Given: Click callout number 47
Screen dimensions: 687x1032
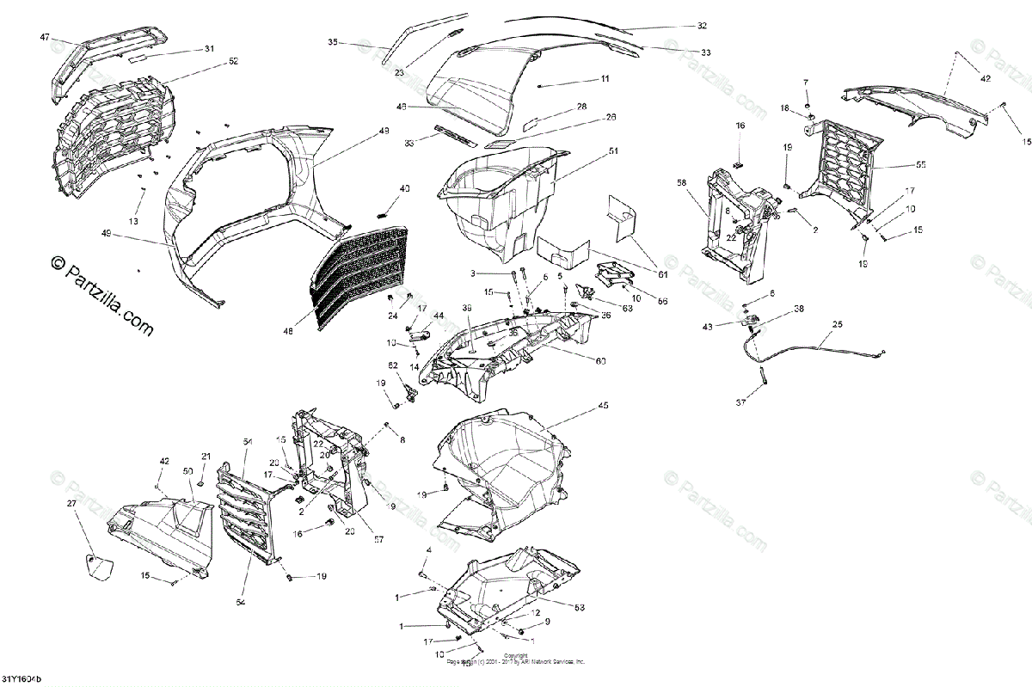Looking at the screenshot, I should tap(46, 38).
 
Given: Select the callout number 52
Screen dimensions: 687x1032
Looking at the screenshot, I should tap(209, 61).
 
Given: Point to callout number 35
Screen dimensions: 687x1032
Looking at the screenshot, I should tap(334, 41).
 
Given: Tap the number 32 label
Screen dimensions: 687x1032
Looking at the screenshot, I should tap(702, 26).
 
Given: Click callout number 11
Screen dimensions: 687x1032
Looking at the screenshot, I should tap(605, 78).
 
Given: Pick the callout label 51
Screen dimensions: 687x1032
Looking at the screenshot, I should tap(614, 151).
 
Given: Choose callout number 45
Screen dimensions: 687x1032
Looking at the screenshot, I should tap(603, 405).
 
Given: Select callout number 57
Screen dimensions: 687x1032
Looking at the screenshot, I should tap(378, 539).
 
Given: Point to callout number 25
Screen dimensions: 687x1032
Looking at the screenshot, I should tap(837, 324).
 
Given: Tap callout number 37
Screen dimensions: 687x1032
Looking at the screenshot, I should tap(741, 402).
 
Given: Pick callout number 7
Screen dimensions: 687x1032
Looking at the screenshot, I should tap(806, 82).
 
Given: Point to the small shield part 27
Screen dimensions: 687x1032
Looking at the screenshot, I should tap(95, 567).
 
